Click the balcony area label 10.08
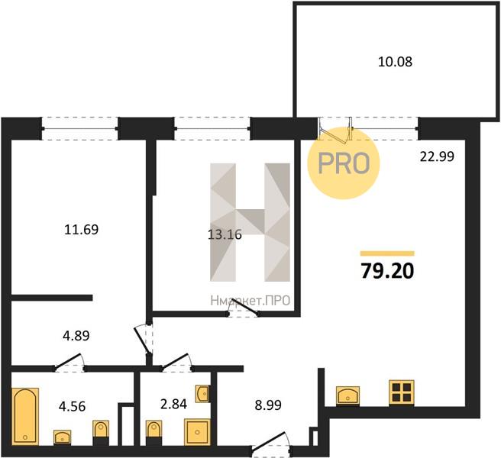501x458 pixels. [396, 62]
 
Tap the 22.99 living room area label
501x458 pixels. [437, 156]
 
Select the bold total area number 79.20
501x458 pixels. [387, 271]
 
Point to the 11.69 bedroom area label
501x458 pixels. [82, 230]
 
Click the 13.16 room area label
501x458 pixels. [225, 235]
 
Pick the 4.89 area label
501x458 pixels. [76, 336]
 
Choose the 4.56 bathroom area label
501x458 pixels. [73, 407]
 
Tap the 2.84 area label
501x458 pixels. [173, 405]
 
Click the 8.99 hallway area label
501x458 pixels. [268, 405]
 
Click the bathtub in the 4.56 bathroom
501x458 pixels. [25, 416]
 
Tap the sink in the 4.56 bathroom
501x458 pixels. [63, 437]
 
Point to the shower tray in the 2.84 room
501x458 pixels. [198, 432]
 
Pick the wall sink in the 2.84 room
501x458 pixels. [202, 394]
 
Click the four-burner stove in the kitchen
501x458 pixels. [402, 393]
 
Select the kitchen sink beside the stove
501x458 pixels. [347, 396]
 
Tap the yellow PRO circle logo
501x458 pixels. [344, 163]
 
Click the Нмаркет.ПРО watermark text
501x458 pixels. [250, 301]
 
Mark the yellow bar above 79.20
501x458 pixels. [387, 253]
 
